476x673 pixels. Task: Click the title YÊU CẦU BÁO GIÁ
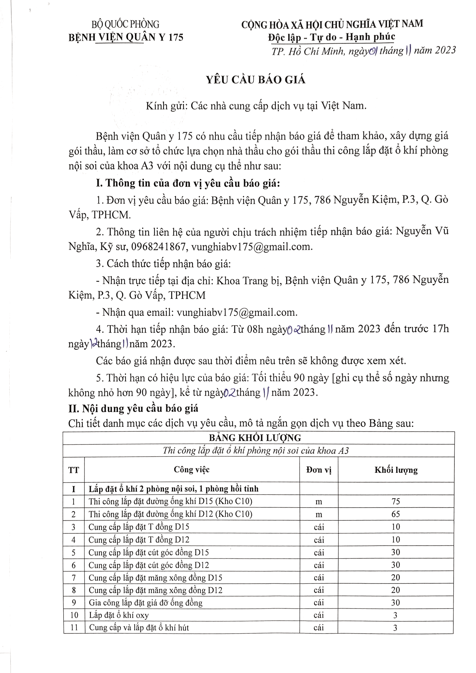click(x=255, y=80)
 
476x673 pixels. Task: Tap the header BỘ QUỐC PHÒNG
click(x=125, y=24)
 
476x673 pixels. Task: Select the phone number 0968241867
click(x=158, y=247)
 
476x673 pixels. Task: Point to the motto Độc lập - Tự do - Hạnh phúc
click(x=331, y=37)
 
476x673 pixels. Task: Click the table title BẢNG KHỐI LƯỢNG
click(x=255, y=438)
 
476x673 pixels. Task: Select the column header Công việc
click(x=191, y=470)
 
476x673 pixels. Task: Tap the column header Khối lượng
click(x=396, y=470)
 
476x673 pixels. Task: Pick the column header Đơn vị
click(x=319, y=470)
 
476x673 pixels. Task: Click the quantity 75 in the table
click(x=396, y=501)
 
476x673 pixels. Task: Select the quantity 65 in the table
click(x=396, y=514)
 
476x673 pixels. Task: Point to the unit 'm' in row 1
click(x=319, y=502)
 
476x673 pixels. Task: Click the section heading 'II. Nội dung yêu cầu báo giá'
click(x=133, y=408)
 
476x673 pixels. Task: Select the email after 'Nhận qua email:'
click(x=237, y=312)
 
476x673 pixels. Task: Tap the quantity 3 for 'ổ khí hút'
click(x=395, y=628)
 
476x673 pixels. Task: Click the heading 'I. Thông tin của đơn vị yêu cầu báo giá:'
click(x=188, y=183)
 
